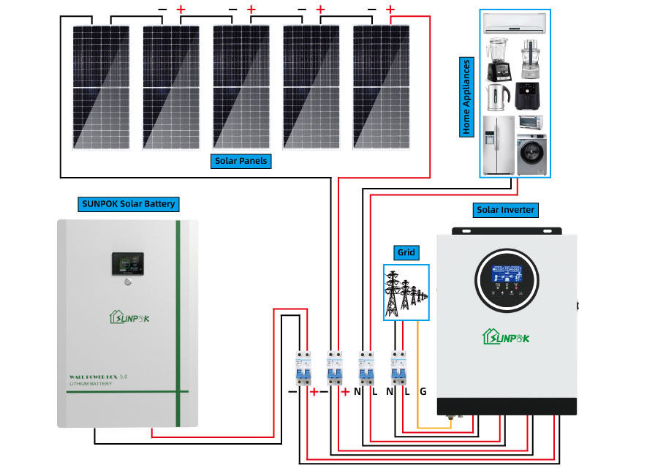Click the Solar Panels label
(x=241, y=161)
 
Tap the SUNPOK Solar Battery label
(x=129, y=203)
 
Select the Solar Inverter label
(x=506, y=210)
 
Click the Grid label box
(x=406, y=253)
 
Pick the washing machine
(x=531, y=155)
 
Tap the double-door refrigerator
(x=499, y=145)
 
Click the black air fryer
(x=529, y=96)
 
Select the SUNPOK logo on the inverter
(x=506, y=337)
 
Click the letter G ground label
(x=423, y=392)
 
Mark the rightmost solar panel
(x=381, y=86)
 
